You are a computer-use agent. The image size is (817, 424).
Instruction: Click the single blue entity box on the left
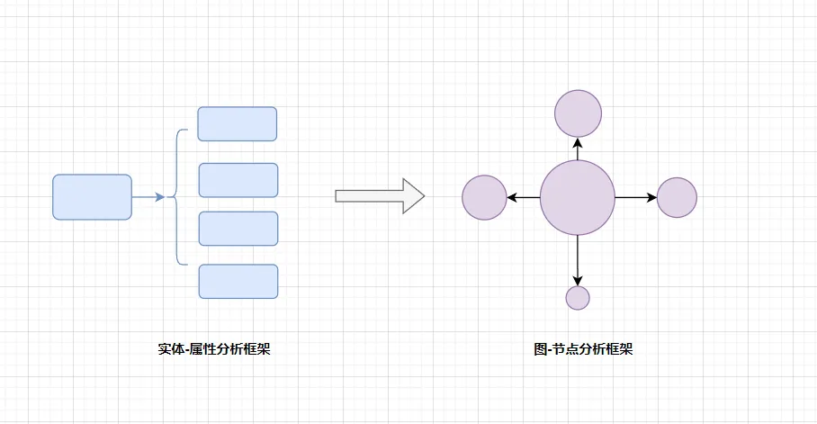[92, 197]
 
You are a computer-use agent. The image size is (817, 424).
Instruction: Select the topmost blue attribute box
[238, 124]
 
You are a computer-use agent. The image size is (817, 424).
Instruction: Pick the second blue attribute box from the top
[238, 180]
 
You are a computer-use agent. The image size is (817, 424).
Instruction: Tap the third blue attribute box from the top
[238, 229]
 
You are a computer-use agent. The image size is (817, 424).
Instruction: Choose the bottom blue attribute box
[238, 282]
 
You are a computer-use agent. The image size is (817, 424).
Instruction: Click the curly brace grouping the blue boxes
[176, 197]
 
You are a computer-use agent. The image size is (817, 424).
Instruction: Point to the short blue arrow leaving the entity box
[148, 197]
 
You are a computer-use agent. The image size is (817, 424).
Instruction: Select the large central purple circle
[578, 198]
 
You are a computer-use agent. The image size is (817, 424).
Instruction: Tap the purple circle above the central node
[578, 113]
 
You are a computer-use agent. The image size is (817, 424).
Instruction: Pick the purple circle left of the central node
[485, 198]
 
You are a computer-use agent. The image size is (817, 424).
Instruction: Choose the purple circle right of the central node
[678, 198]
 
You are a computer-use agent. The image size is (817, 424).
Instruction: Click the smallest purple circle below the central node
[578, 298]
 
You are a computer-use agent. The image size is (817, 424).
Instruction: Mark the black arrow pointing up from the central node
[578, 149]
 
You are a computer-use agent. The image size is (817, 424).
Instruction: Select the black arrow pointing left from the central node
[524, 198]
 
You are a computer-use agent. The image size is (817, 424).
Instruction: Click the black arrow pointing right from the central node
[636, 198]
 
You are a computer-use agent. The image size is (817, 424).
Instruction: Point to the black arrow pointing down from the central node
[578, 261]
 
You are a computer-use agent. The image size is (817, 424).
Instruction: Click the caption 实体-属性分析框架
[213, 349]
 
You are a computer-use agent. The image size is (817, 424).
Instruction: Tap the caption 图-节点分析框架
[583, 349]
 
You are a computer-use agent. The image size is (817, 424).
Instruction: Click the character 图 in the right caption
[540, 349]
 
